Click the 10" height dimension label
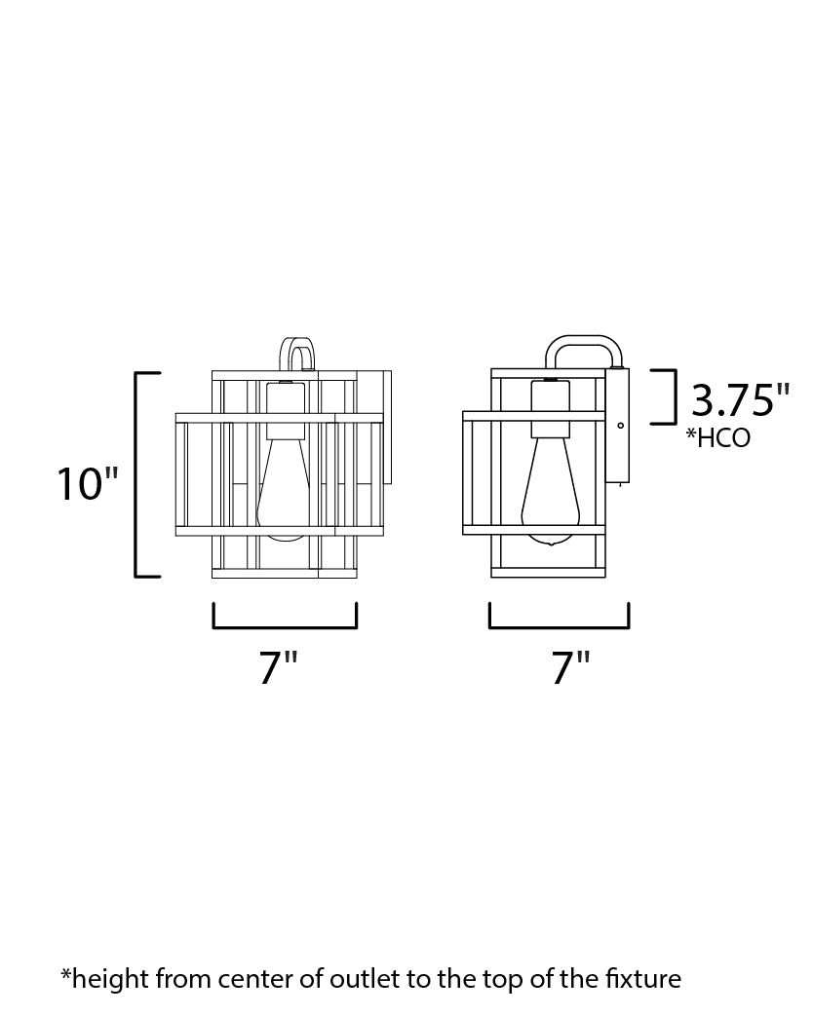tap(88, 483)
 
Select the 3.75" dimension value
tap(740, 400)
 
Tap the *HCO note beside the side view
tap(718, 438)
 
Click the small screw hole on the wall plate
tap(621, 425)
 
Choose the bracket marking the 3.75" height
tap(669, 395)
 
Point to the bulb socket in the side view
tap(550, 407)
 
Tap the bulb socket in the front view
tap(286, 409)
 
